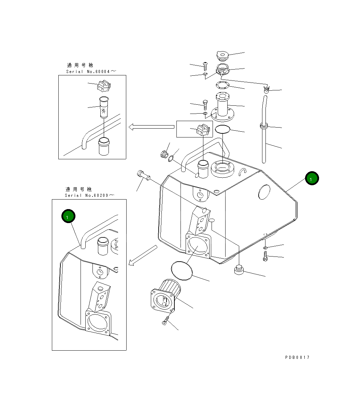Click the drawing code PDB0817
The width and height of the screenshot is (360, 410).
tap(297, 357)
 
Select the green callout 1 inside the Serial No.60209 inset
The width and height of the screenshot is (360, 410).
tap(68, 217)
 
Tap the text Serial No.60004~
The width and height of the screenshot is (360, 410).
tap(91, 71)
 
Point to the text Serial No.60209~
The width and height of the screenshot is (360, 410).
tap(90, 195)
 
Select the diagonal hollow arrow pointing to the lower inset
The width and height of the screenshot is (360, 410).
tap(143, 255)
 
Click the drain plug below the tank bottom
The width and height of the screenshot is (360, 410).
tap(239, 270)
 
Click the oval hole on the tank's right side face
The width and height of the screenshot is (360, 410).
tap(264, 192)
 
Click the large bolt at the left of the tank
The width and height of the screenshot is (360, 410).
tap(143, 175)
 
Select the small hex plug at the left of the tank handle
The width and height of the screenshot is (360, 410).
tap(163, 154)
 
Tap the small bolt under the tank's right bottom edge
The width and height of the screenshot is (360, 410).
tap(265, 256)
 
